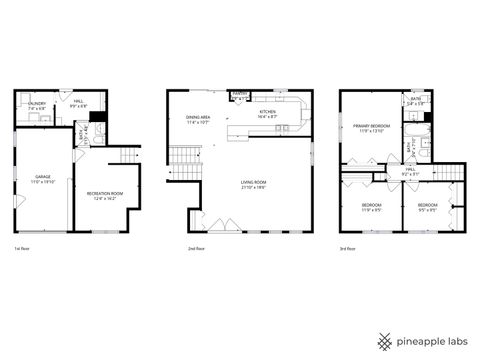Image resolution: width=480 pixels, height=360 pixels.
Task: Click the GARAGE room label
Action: tap(43, 176)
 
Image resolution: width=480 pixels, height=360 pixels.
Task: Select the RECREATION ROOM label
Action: tap(104, 193)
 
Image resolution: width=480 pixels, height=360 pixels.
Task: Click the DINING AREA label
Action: tap(197, 118)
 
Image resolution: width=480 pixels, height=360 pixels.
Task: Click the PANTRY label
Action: tap(240, 97)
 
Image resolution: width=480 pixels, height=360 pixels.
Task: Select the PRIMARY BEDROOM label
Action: tap(369, 126)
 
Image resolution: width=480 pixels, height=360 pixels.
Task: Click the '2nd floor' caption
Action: tap(196, 247)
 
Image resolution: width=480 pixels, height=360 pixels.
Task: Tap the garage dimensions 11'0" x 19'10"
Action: tap(43, 182)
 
